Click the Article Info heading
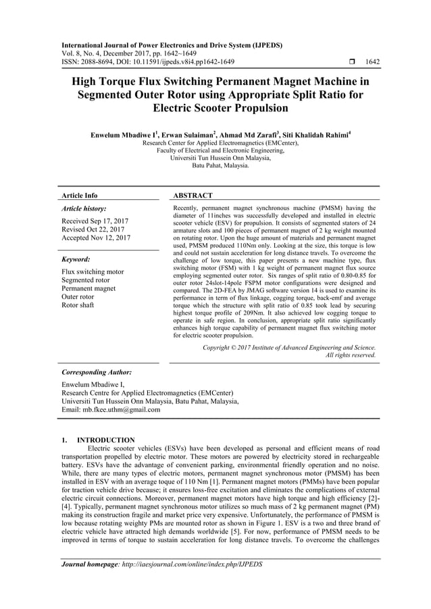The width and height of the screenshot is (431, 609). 79,195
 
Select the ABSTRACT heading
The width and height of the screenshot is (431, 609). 193,195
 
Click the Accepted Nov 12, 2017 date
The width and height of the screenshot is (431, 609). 95,238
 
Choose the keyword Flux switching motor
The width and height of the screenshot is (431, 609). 93,272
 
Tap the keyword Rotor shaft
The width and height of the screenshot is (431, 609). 78,304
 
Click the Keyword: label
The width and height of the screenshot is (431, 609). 76,259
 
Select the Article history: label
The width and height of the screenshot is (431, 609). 83,209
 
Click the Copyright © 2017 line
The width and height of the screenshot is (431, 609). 289,347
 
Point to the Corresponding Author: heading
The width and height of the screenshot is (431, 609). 96,372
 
